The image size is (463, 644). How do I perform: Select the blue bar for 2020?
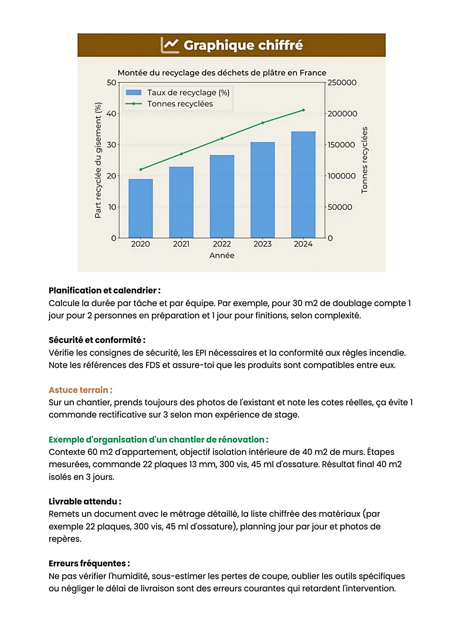pos(140,208)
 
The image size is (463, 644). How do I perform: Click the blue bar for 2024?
pos(303,185)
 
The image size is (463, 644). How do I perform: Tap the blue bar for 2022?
pos(222,196)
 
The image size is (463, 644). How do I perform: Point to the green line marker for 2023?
pos(263,123)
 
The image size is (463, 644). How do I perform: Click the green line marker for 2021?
pos(181,154)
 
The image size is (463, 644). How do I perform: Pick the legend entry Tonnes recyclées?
pos(180,104)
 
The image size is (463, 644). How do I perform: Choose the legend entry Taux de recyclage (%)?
pos(188,93)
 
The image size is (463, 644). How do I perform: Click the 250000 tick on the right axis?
pos(342,83)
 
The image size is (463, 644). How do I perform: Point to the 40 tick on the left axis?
pos(111,114)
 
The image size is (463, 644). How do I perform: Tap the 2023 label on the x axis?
pos(262,244)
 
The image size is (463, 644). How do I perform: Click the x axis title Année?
pos(222,255)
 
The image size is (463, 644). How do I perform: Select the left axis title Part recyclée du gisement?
pos(98,160)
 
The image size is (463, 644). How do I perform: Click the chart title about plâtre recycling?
pos(222,72)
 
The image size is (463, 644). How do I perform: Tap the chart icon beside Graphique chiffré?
pos(170,45)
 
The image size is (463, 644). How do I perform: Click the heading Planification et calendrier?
pos(105,290)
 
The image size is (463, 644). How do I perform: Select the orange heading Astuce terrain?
pos(80,390)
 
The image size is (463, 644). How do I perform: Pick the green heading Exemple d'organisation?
pos(158,440)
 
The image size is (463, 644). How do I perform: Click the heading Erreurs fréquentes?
pos(89,563)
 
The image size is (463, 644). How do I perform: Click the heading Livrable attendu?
pos(85,501)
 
